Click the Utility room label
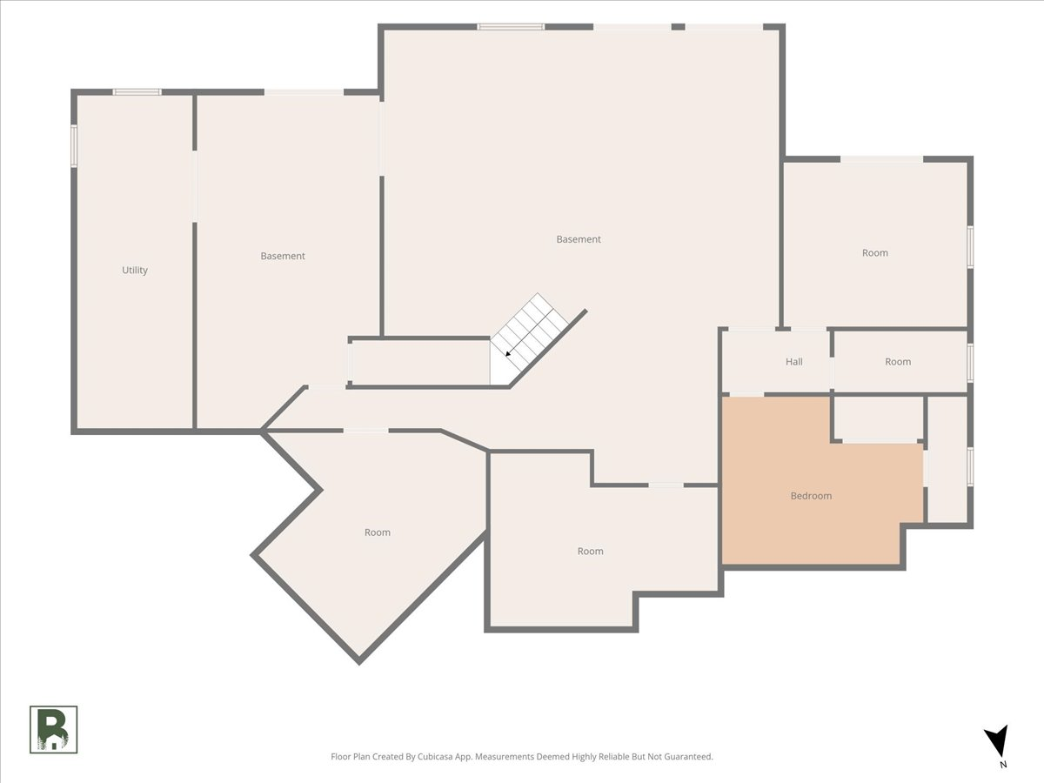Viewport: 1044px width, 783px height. (x=135, y=270)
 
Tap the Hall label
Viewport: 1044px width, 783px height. (x=793, y=362)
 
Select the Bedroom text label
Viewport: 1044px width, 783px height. (x=811, y=496)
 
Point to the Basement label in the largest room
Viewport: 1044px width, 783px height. (x=579, y=239)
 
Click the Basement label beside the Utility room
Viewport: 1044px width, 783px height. (x=283, y=256)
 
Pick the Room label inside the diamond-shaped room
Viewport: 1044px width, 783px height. (x=378, y=532)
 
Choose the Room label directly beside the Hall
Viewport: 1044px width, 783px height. (x=898, y=362)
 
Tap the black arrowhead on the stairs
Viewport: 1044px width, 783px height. (x=508, y=354)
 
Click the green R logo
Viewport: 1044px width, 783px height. (x=53, y=729)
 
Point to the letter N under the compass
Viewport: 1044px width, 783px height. (x=1003, y=765)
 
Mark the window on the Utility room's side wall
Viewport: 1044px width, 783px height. (x=74, y=145)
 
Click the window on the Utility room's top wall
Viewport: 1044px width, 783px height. (x=137, y=91)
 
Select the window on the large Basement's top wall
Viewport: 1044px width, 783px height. (x=511, y=27)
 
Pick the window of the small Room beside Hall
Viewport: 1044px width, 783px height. (x=970, y=362)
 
